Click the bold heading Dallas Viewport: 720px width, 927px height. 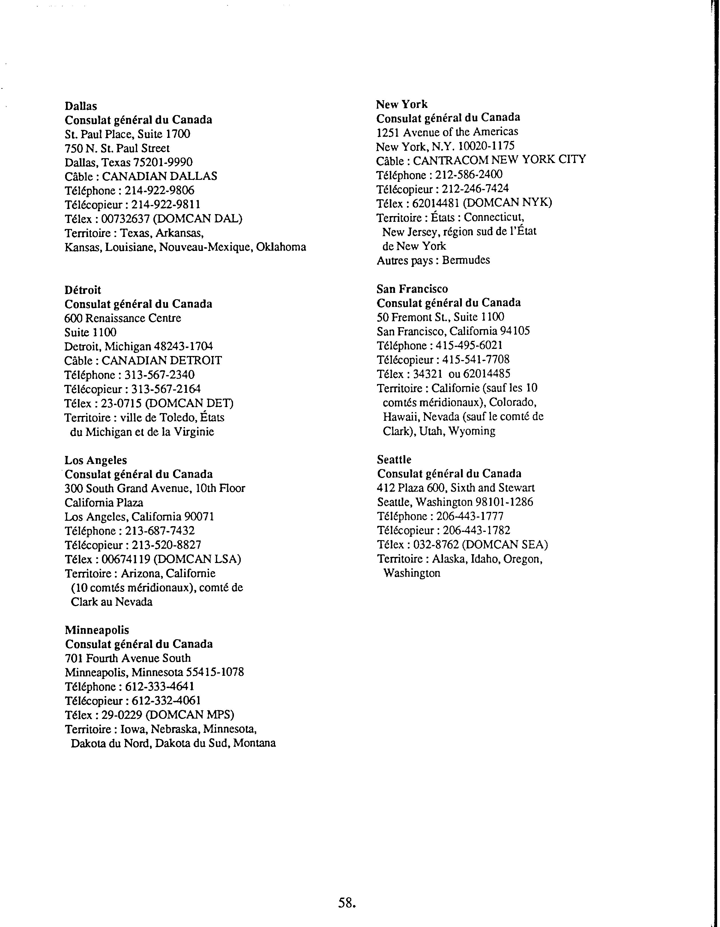[x=81, y=106]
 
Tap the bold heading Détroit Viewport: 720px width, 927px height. [x=83, y=290]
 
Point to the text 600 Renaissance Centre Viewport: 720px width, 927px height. [x=123, y=318]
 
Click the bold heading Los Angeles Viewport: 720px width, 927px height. [x=95, y=461]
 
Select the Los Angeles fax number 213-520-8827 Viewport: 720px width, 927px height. [x=167, y=545]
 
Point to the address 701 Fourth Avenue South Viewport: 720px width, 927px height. [x=128, y=658]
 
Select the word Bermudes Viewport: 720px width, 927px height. [x=466, y=260]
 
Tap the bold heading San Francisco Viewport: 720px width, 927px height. [x=412, y=289]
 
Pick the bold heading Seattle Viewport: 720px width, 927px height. [x=394, y=460]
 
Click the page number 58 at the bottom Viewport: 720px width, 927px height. [x=346, y=903]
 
